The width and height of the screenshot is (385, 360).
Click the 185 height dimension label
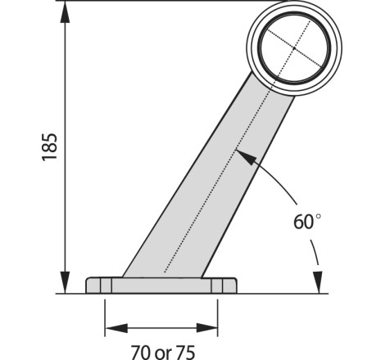pos(50,147)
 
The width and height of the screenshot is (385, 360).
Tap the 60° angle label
pos(307,222)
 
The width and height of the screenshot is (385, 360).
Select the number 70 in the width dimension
pos(141,353)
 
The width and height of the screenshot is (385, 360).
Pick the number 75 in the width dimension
pos(185,353)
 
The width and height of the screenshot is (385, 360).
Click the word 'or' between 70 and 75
pos(163,353)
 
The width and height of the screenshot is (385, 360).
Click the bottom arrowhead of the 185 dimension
pos(65,282)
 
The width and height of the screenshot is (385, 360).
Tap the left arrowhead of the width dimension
pos(116,328)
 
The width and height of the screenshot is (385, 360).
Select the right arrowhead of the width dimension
pos(206,328)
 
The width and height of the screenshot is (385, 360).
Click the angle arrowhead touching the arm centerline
pos(247,157)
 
